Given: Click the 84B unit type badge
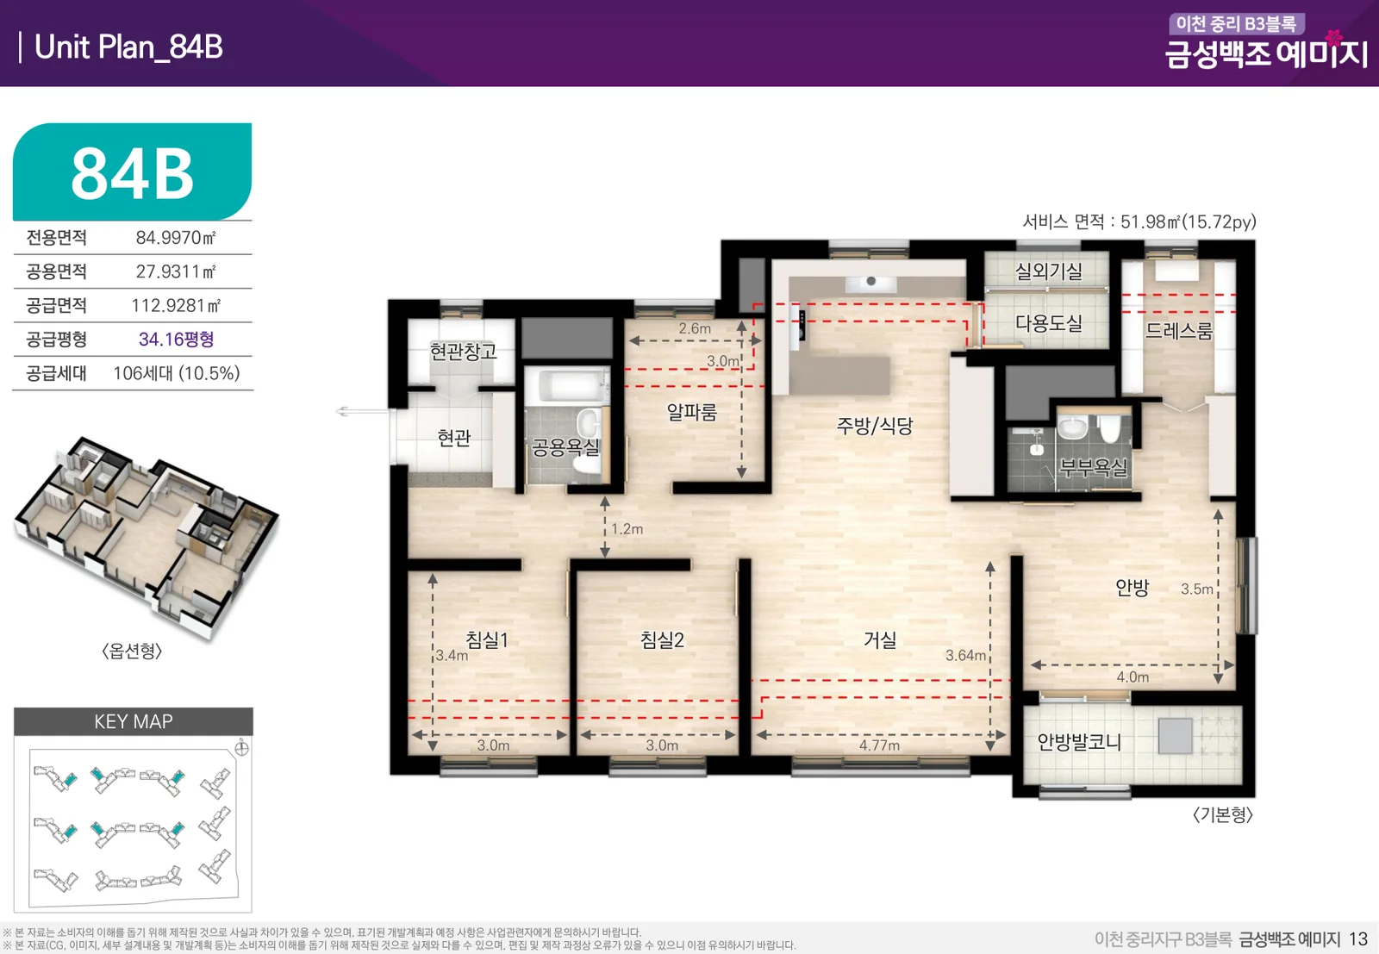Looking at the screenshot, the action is pyautogui.click(x=133, y=171).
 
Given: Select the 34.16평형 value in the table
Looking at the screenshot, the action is pyautogui.click(x=176, y=340).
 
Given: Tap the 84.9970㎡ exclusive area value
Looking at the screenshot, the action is pyautogui.click(x=176, y=238).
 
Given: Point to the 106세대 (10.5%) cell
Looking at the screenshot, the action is pyautogui.click(x=177, y=373).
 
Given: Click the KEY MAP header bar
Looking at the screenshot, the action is pyautogui.click(x=134, y=721).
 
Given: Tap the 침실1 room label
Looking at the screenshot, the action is pyautogui.click(x=486, y=640).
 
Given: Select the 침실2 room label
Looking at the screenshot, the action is pyautogui.click(x=662, y=640).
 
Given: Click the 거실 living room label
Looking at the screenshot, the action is pyautogui.click(x=880, y=640).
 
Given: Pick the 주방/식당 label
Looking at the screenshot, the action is pyautogui.click(x=874, y=426).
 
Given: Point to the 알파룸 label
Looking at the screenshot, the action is pyautogui.click(x=692, y=412).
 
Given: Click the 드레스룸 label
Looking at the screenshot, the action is pyautogui.click(x=1178, y=331).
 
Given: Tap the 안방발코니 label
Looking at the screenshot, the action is pyautogui.click(x=1078, y=742).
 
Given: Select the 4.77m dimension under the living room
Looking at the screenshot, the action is pyautogui.click(x=879, y=745).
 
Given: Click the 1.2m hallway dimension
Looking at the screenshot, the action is pyautogui.click(x=627, y=528).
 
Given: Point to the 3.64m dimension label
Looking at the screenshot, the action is pyautogui.click(x=965, y=656).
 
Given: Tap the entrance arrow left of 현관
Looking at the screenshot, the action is pyautogui.click(x=363, y=411).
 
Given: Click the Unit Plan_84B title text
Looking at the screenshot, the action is pyautogui.click(x=128, y=47).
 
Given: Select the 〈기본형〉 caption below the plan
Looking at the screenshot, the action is pyautogui.click(x=1223, y=814).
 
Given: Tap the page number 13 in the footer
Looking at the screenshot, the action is pyautogui.click(x=1358, y=939).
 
